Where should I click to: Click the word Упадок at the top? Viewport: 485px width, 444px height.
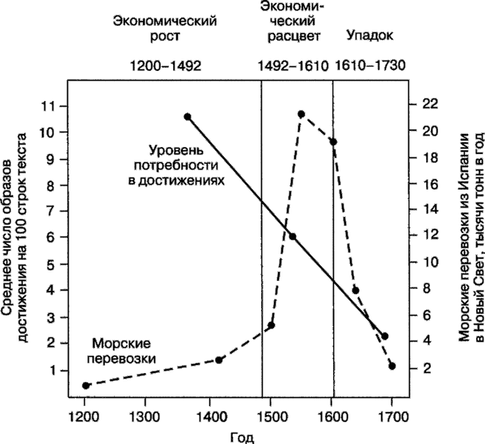[369, 36]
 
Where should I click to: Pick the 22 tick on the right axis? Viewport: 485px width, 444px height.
[428, 104]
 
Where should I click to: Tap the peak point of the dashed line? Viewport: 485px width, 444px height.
[301, 114]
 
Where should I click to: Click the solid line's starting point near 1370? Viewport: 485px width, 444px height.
[188, 116]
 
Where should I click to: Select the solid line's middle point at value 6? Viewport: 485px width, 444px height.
[293, 237]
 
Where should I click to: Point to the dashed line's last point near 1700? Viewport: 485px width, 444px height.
[392, 366]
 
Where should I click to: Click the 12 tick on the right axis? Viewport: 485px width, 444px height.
[428, 236]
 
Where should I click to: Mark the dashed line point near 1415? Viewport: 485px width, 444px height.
[218, 360]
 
